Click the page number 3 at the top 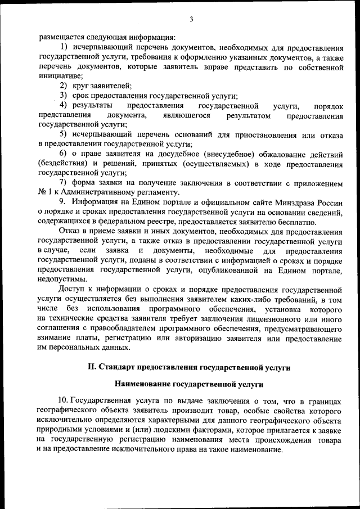point(191,20)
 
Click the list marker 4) point(64,105)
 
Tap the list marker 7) point(64,183)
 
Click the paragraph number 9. point(62,202)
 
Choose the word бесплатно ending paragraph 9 point(290,222)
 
